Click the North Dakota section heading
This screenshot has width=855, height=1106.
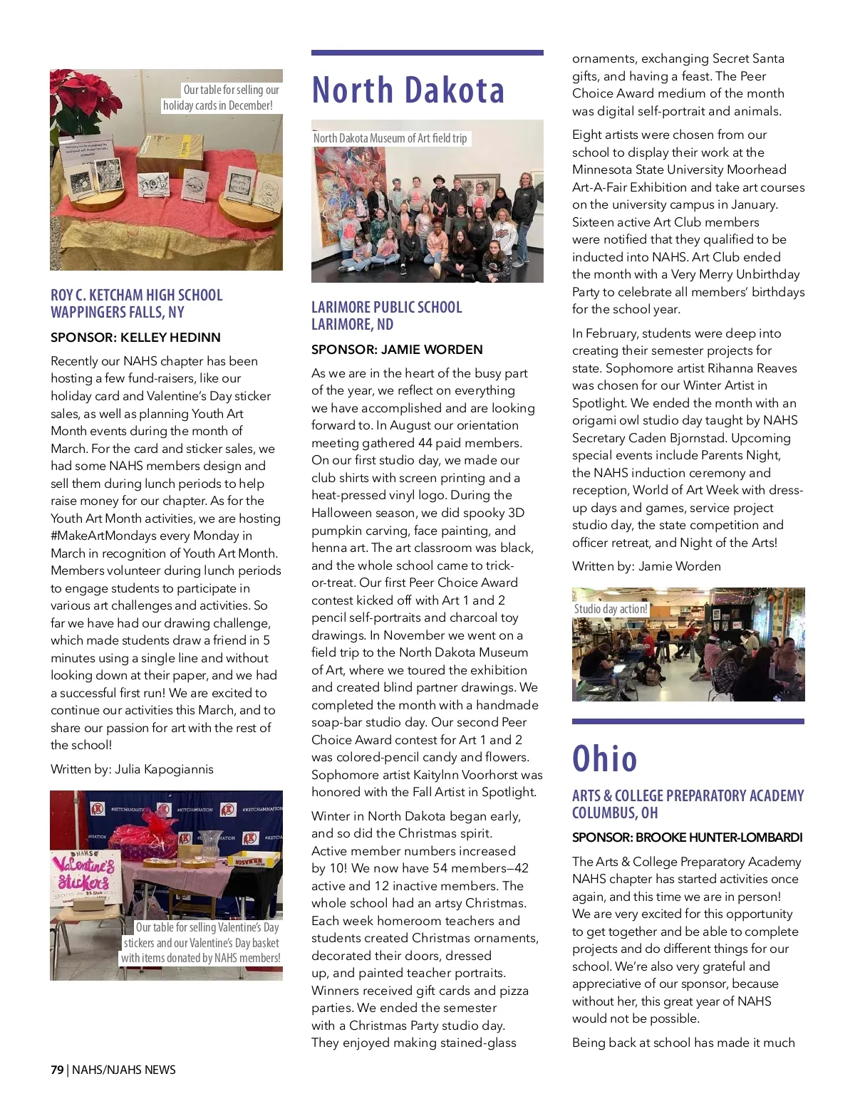pyautogui.click(x=408, y=90)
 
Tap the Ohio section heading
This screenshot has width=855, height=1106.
pyautogui.click(x=605, y=758)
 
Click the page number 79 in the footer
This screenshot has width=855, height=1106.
pyautogui.click(x=57, y=1070)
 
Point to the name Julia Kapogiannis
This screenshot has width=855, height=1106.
pyautogui.click(x=174, y=769)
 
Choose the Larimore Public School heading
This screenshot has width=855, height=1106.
pyautogui.click(x=386, y=308)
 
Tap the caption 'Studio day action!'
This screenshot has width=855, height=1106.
pyautogui.click(x=611, y=609)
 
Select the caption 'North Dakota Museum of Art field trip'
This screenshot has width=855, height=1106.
pyautogui.click(x=390, y=138)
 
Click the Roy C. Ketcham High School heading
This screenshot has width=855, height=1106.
pyautogui.click(x=136, y=296)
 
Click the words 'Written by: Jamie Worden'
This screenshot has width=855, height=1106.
pyautogui.click(x=646, y=566)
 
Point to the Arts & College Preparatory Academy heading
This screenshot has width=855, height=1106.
pyautogui.click(x=688, y=796)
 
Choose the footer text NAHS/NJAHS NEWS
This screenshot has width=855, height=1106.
pyautogui.click(x=124, y=1070)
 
